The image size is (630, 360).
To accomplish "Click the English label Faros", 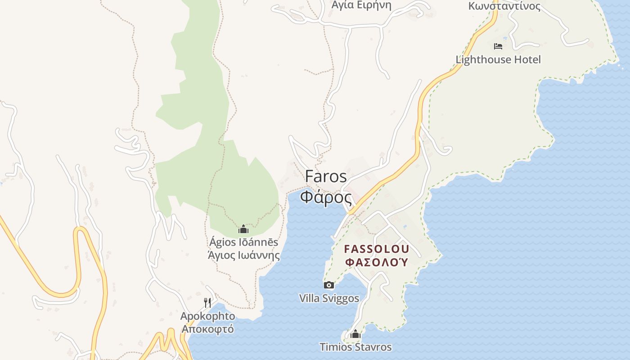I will [x=326, y=176].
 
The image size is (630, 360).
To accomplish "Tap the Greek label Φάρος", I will [x=326, y=197].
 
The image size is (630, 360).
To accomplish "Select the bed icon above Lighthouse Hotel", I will [x=498, y=46].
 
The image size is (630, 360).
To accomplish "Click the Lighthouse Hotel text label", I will [x=498, y=59].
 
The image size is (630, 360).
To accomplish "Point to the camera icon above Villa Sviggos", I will [x=329, y=285].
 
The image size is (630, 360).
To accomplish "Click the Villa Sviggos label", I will [x=329, y=298].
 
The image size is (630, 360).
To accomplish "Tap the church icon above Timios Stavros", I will [x=355, y=334].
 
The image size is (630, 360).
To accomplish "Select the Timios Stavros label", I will [x=355, y=347].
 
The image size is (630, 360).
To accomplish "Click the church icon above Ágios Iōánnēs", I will [x=243, y=229].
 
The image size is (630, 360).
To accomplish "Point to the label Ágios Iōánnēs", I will [x=243, y=242].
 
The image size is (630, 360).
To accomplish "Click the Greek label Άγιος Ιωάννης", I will [x=243, y=256].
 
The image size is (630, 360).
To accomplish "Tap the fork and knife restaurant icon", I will [x=207, y=303].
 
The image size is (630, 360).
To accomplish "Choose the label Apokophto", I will [x=207, y=316].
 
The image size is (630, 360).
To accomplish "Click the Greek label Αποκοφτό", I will [x=207, y=329].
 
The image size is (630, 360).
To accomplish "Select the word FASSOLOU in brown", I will [x=376, y=249].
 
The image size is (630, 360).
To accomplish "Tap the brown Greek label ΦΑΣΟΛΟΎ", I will [x=376, y=262].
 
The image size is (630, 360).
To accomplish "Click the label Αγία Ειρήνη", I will [x=361, y=5].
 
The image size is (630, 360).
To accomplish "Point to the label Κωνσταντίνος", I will [x=504, y=6].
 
